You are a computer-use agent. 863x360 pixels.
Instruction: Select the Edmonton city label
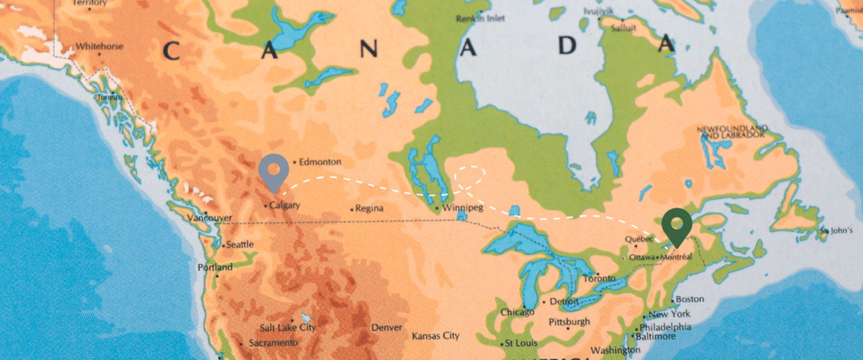[x=320, y=162]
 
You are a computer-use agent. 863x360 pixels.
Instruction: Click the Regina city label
[x=369, y=208]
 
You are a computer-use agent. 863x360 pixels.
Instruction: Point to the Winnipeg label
[x=462, y=207]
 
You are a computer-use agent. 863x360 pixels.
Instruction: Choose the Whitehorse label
[x=99, y=46]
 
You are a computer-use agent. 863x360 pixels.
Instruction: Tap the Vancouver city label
[x=210, y=218]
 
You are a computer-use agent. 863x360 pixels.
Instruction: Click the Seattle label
[x=240, y=244]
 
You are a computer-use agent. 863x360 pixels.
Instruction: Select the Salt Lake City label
[x=288, y=328]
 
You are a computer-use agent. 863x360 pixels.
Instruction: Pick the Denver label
[x=387, y=328]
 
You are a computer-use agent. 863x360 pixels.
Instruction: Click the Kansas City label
[x=435, y=336]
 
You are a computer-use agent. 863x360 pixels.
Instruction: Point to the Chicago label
[x=517, y=312]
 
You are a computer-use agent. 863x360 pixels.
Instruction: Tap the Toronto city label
[x=599, y=279]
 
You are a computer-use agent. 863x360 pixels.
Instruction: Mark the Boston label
[x=689, y=299]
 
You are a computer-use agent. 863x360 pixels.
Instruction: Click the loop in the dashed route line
[x=470, y=174]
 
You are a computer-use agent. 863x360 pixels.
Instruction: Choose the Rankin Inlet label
[x=480, y=18]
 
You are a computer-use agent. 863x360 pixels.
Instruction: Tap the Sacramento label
[x=273, y=342]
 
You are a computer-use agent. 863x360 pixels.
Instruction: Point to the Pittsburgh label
[x=569, y=322]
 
